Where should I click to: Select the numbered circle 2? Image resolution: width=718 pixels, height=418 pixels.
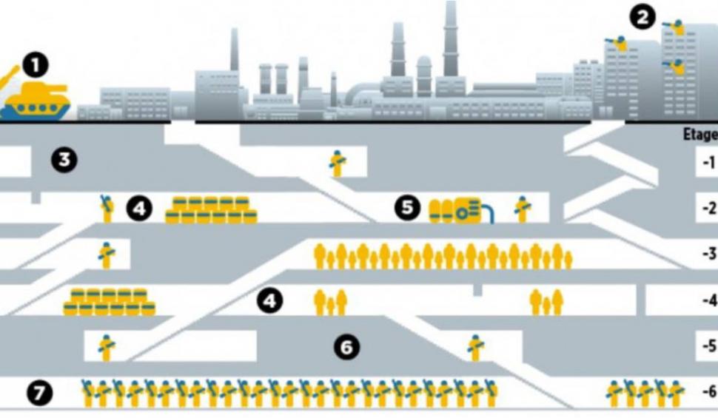pos(642,16)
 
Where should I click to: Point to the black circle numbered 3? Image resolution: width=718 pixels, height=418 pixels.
pos(66,159)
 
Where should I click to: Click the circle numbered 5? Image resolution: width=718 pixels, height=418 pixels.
pos(406,209)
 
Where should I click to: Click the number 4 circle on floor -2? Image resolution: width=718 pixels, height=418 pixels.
pos(139,209)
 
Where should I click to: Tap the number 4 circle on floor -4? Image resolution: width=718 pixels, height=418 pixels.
pos(270,300)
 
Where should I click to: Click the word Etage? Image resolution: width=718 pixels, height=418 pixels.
pos(700,135)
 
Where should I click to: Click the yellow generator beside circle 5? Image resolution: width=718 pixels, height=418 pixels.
pos(459,210)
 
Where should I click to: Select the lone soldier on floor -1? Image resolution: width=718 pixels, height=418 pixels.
pos(338,164)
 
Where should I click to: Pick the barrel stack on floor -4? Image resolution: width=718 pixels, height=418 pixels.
pos(109,302)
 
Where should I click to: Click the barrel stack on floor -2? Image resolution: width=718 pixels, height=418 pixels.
pos(211,210)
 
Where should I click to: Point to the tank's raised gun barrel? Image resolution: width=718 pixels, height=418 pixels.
pos(10,76)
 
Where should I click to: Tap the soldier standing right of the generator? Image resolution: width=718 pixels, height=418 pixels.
pos(523,209)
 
